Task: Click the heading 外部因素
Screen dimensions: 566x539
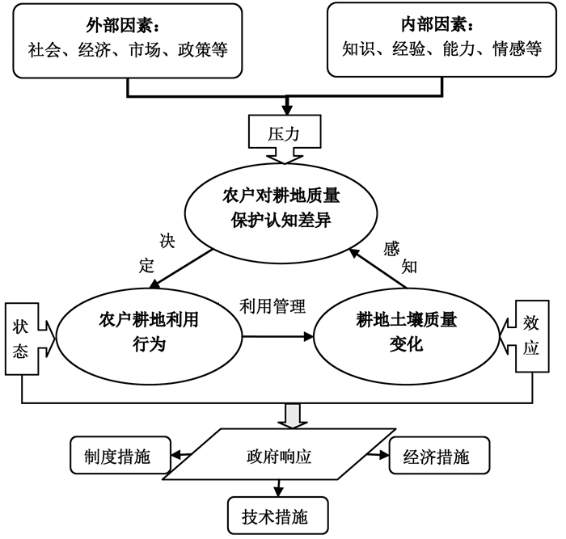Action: pos(119,25)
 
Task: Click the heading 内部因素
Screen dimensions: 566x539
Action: pos(433,24)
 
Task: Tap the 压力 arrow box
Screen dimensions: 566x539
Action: pos(285,138)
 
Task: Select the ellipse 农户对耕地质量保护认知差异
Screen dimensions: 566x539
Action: pos(281,213)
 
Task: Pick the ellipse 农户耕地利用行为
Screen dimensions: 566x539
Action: pos(149,337)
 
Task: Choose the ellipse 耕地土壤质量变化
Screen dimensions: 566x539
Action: pos(407,337)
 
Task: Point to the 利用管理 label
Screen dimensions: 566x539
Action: pos(272,306)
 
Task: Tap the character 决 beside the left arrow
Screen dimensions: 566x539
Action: pos(167,241)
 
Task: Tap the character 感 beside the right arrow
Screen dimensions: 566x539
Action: pos(391,249)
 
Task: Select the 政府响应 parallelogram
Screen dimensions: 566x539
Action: pos(279,454)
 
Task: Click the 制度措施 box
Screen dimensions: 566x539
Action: pos(120,455)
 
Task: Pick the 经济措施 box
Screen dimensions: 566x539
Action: pos(439,455)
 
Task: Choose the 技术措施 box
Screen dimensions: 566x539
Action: pos(278,516)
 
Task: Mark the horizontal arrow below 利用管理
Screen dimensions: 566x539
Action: pos(277,337)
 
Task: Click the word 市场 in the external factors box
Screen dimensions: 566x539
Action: pos(145,50)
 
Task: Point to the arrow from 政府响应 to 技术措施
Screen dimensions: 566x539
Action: pos(278,488)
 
